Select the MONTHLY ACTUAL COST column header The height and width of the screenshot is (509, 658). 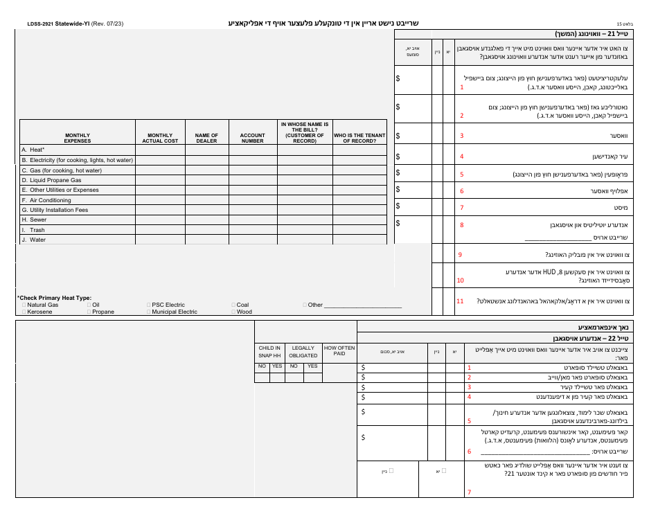(x=160, y=138)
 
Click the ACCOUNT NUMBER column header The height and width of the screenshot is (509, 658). (x=252, y=138)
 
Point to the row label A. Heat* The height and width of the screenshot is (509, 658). (x=33, y=150)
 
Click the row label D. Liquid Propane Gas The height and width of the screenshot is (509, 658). (x=51, y=180)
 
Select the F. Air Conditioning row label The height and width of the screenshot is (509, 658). (x=46, y=200)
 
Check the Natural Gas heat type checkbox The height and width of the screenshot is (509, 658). (x=24, y=305)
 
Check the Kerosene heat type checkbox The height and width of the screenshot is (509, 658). (x=24, y=312)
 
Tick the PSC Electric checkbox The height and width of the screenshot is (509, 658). (x=149, y=305)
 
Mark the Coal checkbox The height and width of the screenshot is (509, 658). (x=233, y=305)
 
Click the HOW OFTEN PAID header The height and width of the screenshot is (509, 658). (x=339, y=350)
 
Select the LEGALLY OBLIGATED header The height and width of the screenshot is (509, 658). (x=303, y=351)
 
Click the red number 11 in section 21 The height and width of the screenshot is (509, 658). (x=460, y=301)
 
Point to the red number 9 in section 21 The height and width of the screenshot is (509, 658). (x=460, y=255)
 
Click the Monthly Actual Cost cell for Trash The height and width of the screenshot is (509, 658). (x=160, y=230)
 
